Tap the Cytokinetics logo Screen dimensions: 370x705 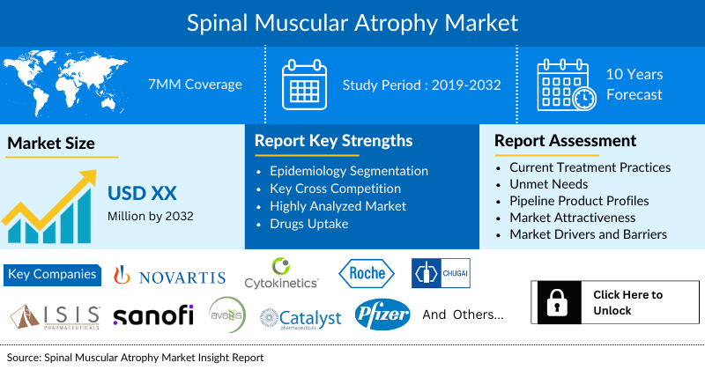[281, 274]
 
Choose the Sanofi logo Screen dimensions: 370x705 [152, 315]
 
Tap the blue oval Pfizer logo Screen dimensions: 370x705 [382, 314]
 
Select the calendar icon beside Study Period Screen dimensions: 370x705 [304, 85]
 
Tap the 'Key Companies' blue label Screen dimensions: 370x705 [52, 274]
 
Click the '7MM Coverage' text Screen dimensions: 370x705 [195, 85]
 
